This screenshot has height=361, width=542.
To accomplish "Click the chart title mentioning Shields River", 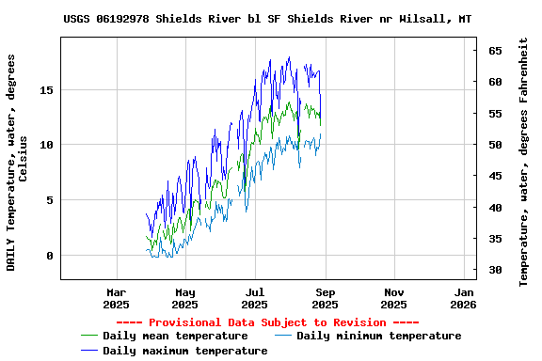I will (267, 19).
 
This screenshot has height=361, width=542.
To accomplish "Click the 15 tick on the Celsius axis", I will (47, 90).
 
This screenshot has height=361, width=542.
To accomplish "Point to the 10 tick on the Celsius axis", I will (47, 145).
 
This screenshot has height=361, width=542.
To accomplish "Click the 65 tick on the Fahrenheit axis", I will (494, 51).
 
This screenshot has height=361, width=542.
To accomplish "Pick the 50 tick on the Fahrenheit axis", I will (494, 145).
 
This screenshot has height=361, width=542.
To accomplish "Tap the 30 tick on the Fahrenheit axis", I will (494, 270).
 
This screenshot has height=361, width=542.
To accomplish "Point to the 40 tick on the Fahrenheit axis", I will (494, 208).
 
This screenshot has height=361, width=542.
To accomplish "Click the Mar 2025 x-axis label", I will (116, 298).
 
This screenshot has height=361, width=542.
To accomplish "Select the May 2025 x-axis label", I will (185, 298).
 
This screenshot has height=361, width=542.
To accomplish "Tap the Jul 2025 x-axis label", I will (255, 298).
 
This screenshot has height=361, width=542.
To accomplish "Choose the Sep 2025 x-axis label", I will (325, 298).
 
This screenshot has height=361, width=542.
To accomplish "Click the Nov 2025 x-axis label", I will (394, 298).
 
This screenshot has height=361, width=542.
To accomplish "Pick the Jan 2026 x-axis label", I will (463, 298).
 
